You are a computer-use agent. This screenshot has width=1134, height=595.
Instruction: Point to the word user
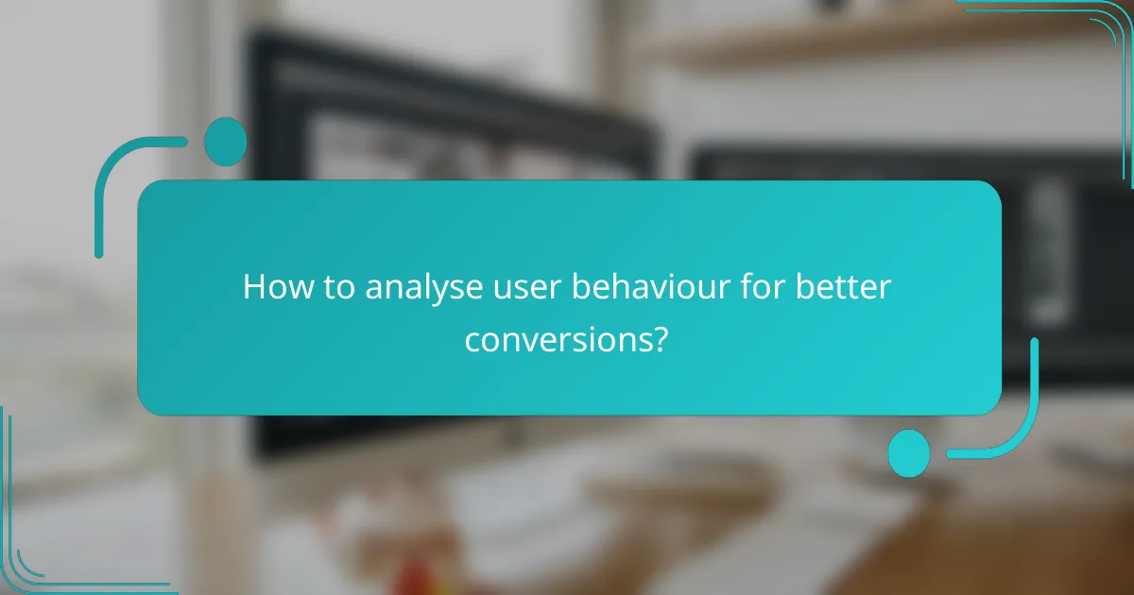coord(516,287)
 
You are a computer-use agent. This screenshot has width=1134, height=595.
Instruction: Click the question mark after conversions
coord(661,339)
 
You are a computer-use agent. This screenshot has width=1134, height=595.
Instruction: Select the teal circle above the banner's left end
coord(225,142)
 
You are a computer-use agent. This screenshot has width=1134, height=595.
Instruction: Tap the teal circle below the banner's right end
coord(909,452)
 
